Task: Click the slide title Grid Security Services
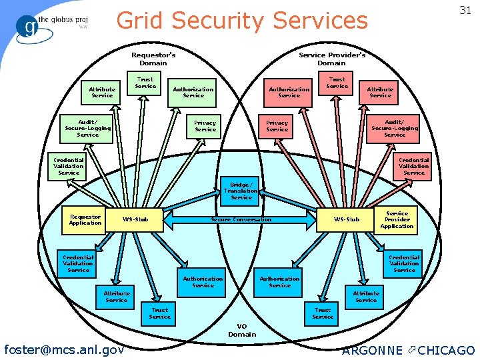pos(242,21)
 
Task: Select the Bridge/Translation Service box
pos(241,191)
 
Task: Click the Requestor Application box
pos(85,220)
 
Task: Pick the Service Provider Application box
pos(397,220)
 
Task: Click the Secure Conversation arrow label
pos(241,219)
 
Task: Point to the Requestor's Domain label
pos(153,59)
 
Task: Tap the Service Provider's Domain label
pos(331,59)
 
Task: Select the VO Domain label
pos(242,330)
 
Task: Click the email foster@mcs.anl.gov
pos(64,349)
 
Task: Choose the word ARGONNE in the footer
pos(372,350)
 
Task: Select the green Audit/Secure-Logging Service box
pos(87,129)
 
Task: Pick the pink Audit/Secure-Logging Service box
pos(394,129)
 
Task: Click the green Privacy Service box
pos(205,126)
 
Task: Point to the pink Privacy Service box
pos(277,126)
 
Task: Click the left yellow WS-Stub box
pos(136,219)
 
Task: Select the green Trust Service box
pos(145,83)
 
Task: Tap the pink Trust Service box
pos(337,83)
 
